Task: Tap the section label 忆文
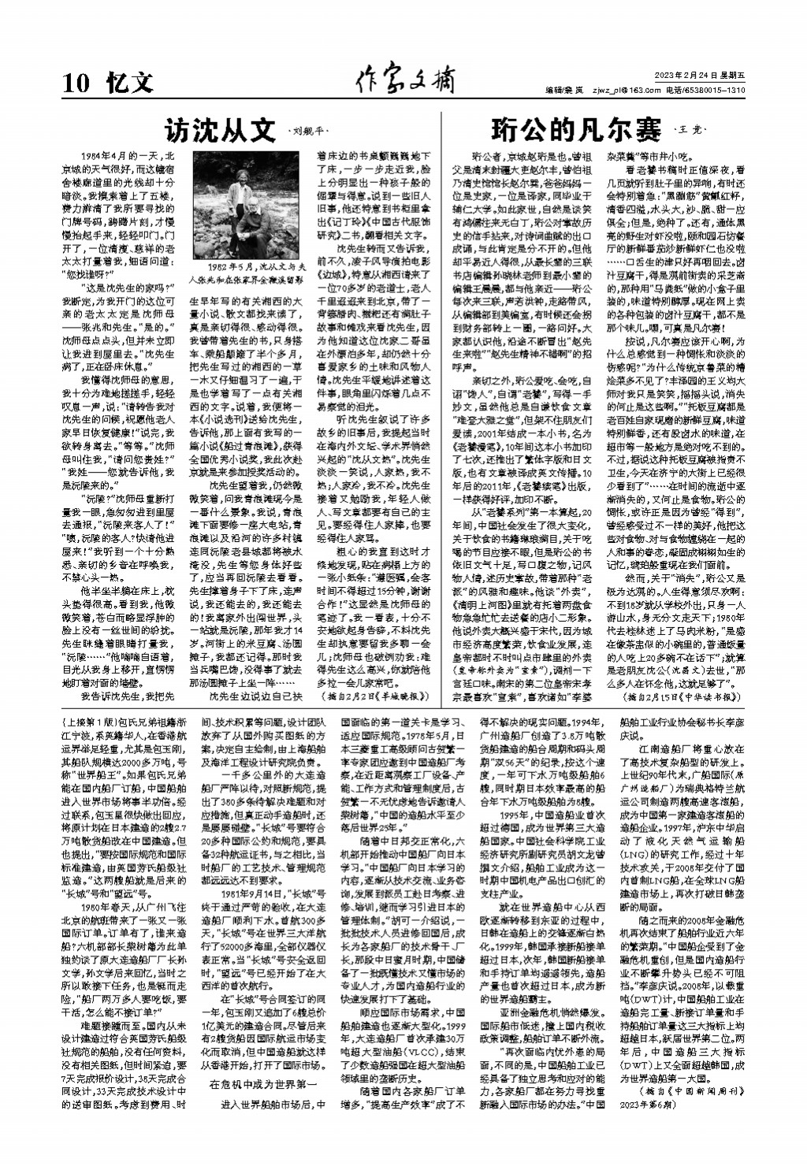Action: coord(129,82)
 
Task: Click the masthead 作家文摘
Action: coord(403,80)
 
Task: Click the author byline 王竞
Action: coord(690,129)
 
